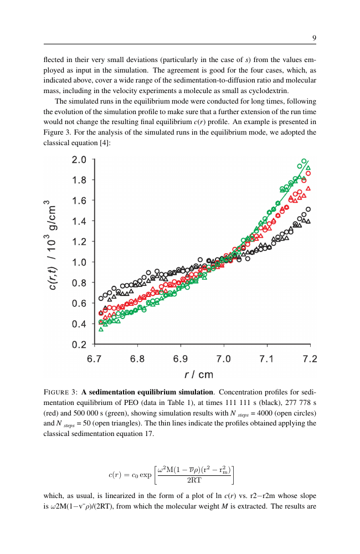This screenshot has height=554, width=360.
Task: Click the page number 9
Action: [x=314, y=38]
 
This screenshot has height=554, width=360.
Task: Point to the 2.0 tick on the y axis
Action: [x=79, y=160]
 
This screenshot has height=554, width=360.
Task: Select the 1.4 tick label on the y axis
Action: [x=79, y=221]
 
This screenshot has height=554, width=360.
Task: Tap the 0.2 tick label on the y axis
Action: [x=79, y=344]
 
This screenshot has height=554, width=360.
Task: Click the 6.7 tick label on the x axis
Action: [x=95, y=359]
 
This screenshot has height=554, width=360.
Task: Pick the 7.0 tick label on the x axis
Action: [x=223, y=359]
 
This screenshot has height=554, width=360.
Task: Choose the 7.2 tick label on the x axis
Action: [x=310, y=359]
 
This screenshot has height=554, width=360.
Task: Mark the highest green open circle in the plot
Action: [x=304, y=161]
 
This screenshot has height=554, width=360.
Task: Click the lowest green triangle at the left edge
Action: [x=101, y=329]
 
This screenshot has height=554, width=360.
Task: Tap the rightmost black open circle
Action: [x=308, y=209]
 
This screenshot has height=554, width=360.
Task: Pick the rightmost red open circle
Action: [x=308, y=173]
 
